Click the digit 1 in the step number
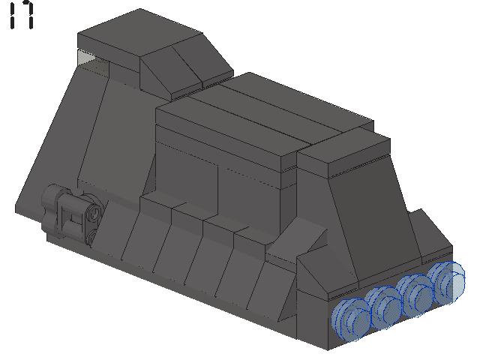12,15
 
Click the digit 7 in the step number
27,15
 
